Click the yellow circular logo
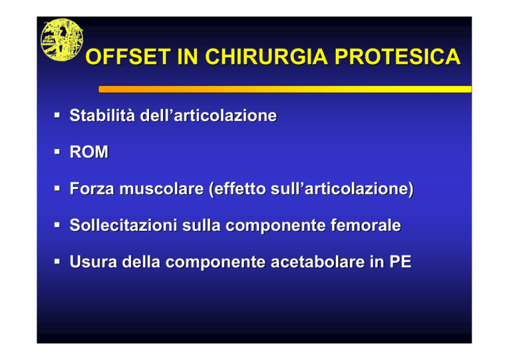pos(62,40)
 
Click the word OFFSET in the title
pos(128,57)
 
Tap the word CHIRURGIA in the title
pos(266,57)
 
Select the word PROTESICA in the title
pos(398,57)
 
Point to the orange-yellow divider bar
pos(285,89)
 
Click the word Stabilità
pos(102,115)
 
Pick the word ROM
pos(89,152)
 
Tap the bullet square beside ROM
pos(58,152)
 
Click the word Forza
pos(92,188)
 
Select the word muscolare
pos(161,188)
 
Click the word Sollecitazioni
pos(123,225)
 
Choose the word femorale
pos(366,225)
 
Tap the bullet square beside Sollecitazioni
pos(58,225)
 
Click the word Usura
pos(93,262)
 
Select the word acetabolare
pos(318,262)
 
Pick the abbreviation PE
pos(400,262)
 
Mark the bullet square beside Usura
pos(58,261)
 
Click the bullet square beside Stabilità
pos(58,115)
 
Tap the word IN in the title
pos(188,57)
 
